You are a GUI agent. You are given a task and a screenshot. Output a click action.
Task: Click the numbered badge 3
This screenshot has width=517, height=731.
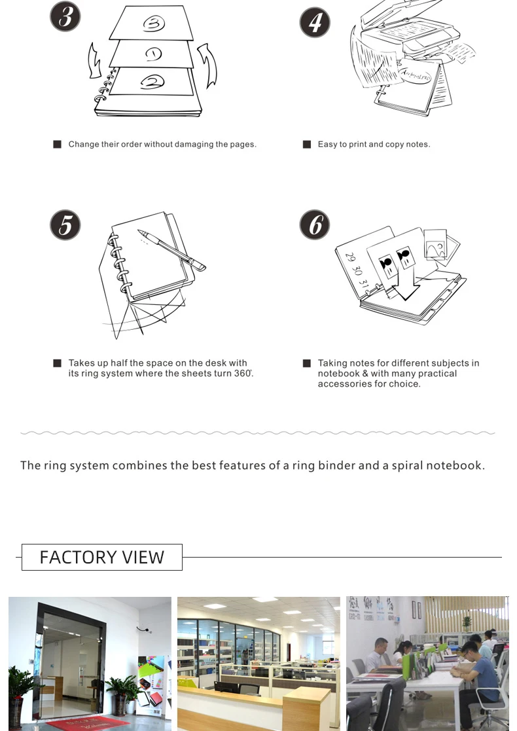(65, 17)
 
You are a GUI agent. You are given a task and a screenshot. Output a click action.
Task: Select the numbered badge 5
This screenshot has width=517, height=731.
(65, 225)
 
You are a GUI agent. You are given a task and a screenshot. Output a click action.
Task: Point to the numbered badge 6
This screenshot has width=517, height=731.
(315, 225)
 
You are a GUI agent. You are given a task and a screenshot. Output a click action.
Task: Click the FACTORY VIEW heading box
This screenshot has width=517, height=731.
(102, 557)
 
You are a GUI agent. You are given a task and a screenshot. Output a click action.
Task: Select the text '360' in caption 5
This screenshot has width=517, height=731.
(243, 374)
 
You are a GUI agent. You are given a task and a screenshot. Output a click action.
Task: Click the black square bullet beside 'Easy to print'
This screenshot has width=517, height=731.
(306, 144)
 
